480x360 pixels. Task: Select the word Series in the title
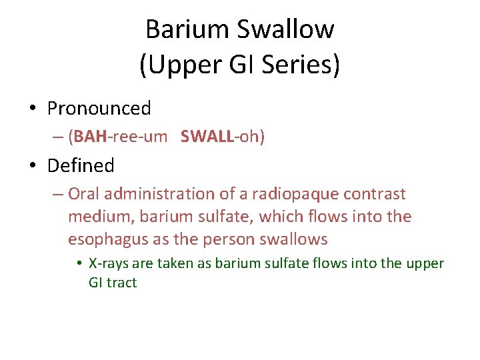(302, 65)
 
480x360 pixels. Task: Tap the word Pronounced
(99, 108)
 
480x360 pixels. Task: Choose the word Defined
(81, 165)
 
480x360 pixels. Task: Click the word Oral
(83, 194)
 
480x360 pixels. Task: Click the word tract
(121, 282)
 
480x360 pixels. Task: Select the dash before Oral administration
(57, 194)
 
